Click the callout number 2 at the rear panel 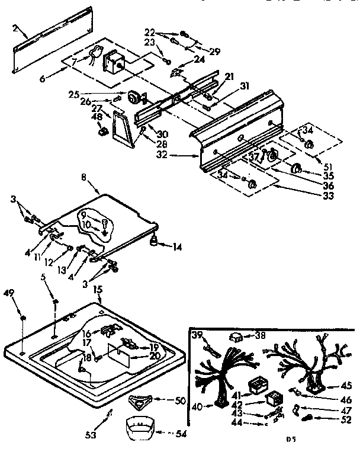pos(15,28)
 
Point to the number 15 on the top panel pos(98,290)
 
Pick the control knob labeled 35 pos(297,171)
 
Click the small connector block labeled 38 pos(237,337)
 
